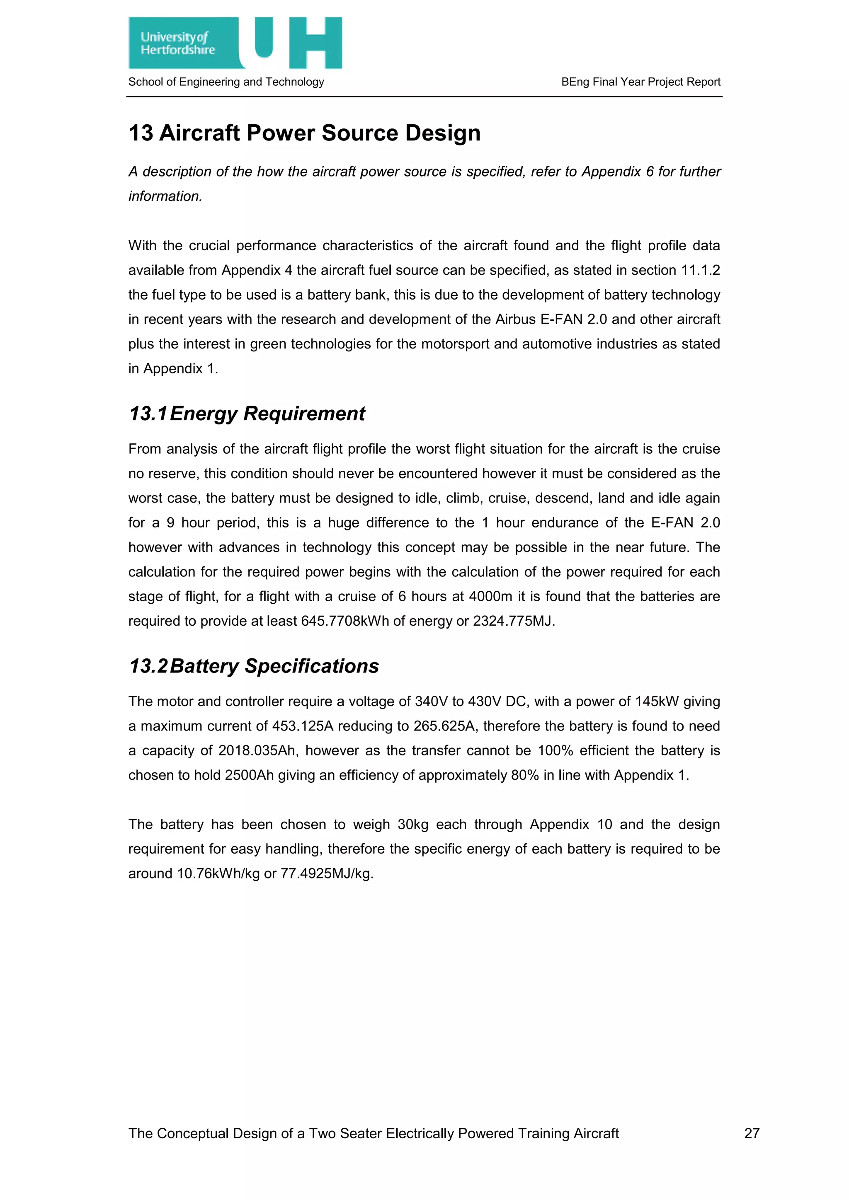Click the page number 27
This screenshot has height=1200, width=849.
[751, 1133]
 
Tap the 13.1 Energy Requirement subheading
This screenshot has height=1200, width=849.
[247, 414]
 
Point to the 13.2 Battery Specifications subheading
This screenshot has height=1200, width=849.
[254, 666]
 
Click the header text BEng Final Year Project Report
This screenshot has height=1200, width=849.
[640, 82]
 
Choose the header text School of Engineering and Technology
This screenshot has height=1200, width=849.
[226, 82]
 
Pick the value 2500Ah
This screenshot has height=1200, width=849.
[250, 775]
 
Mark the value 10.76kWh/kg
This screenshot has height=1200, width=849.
[218, 873]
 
